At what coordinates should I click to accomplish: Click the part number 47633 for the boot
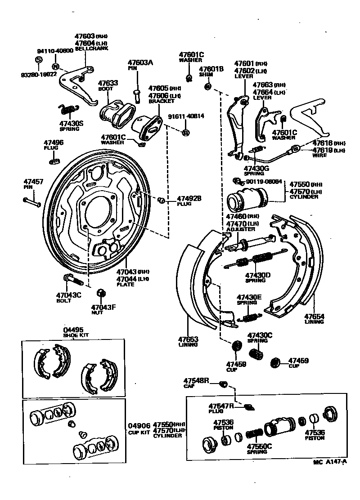[x=108, y=83]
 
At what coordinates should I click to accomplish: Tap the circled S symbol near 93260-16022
[x=38, y=59]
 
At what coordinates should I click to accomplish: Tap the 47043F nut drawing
[x=101, y=293]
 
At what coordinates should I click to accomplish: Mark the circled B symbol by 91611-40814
[x=185, y=132]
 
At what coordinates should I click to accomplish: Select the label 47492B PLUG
[x=189, y=201]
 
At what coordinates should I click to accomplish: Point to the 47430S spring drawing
[x=68, y=109]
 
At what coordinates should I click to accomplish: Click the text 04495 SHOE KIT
[x=74, y=332]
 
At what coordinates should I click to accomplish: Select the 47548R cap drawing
[x=223, y=384]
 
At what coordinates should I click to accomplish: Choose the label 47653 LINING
[x=187, y=341]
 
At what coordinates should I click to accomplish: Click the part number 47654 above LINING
[x=314, y=317]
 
